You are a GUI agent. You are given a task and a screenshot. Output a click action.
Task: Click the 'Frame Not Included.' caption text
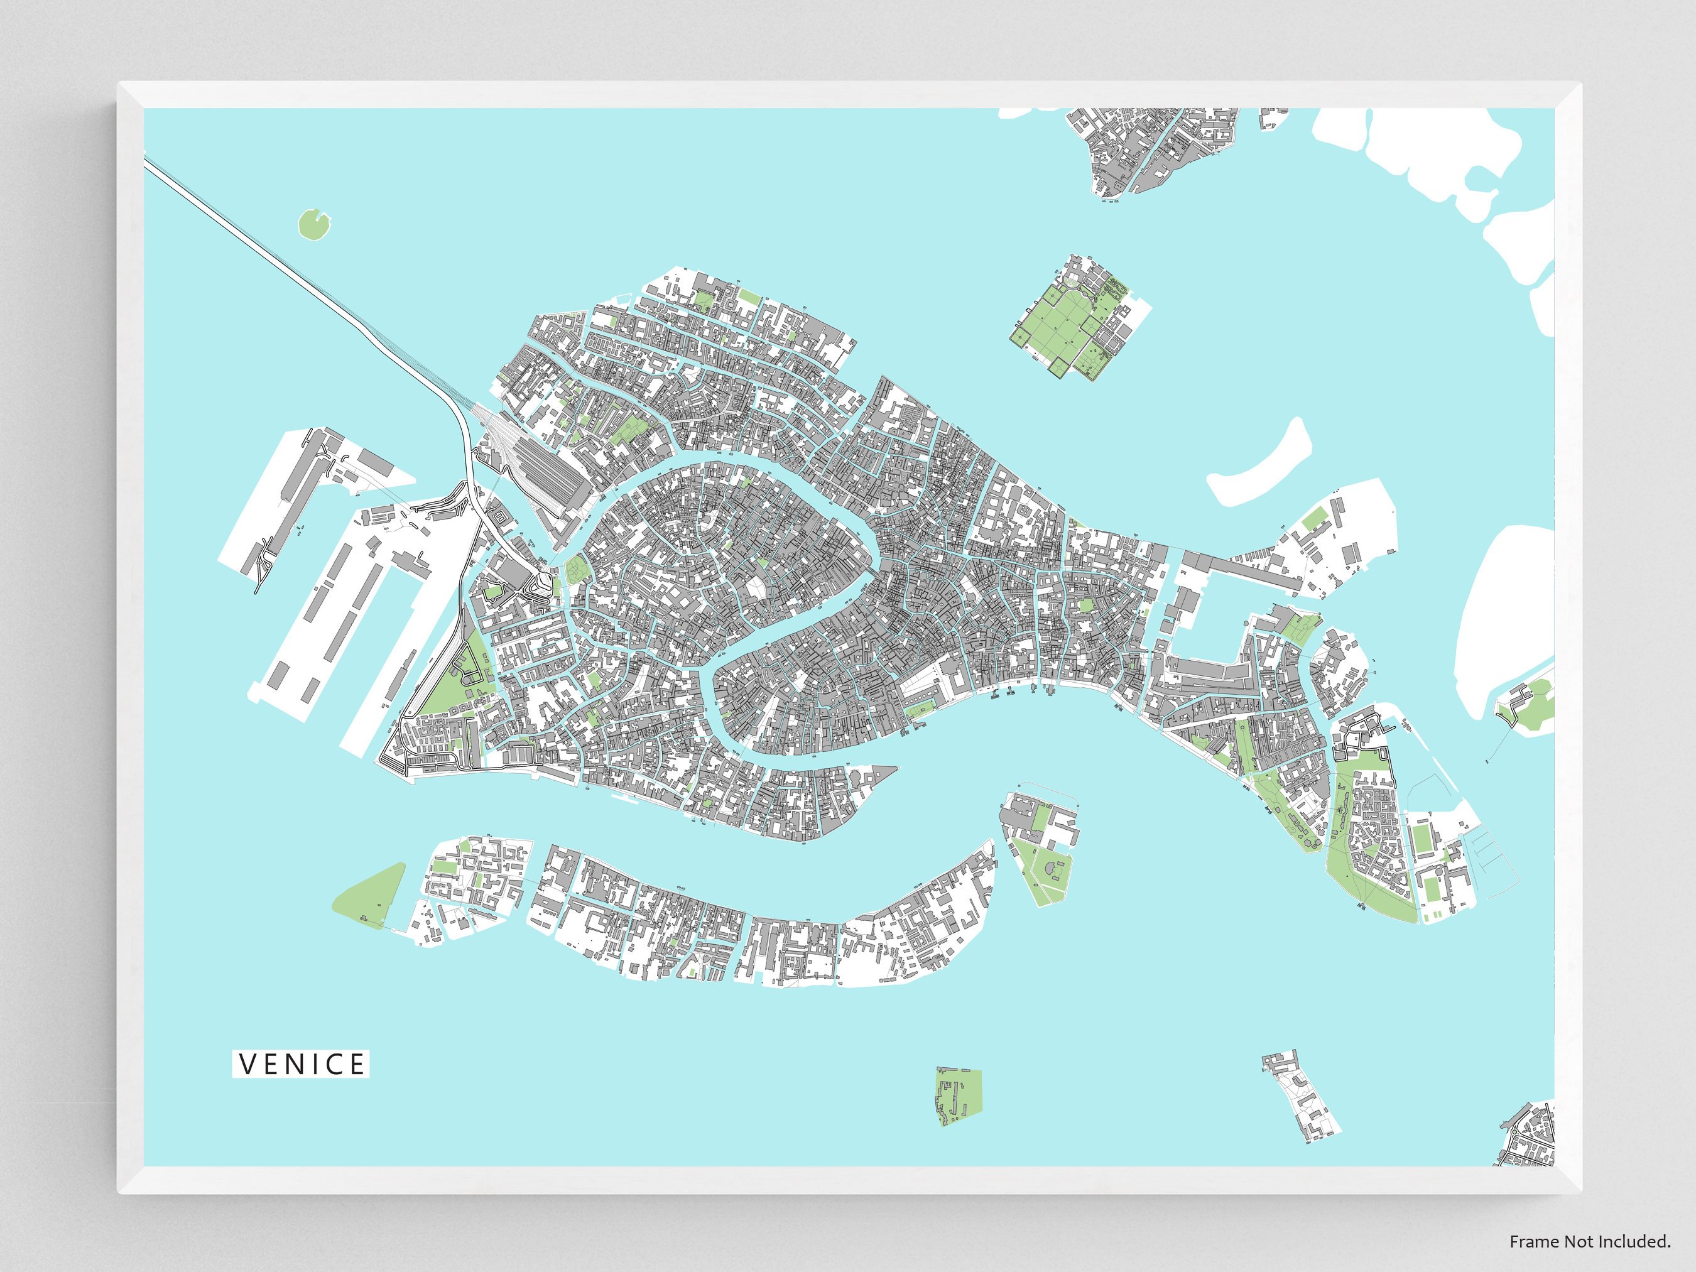point(1589,1241)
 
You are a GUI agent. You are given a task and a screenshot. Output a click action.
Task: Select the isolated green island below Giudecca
point(959,1095)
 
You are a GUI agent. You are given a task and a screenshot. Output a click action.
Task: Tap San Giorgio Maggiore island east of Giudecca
point(1039,844)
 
